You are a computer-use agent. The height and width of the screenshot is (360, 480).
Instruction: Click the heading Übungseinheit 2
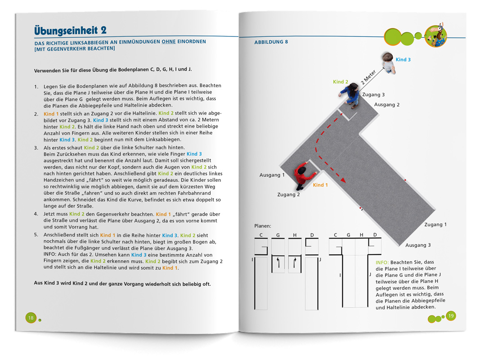tap(70, 30)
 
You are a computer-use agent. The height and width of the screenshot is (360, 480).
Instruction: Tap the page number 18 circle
tap(31, 318)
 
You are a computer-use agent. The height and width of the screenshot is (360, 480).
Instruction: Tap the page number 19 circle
tap(451, 316)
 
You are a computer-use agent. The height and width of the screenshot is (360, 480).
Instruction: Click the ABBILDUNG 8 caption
tap(271, 42)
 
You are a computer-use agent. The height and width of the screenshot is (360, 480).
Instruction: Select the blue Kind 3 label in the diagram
tap(403, 59)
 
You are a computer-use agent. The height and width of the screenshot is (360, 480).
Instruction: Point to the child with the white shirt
tap(388, 63)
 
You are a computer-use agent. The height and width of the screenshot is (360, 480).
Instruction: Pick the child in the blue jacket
tap(350, 94)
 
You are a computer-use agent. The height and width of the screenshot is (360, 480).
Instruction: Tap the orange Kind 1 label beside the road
tap(320, 185)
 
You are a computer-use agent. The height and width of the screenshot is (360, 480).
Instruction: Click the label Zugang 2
tap(289, 194)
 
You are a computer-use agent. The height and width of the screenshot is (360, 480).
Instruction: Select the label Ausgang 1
tap(272, 175)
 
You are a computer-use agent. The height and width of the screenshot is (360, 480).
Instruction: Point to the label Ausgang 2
tap(387, 105)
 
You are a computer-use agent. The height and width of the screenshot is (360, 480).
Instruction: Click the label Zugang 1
tap(435, 225)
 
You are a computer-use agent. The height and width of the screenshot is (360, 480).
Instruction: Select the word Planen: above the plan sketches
tap(263, 226)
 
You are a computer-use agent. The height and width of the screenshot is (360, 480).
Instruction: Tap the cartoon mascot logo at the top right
tap(436, 35)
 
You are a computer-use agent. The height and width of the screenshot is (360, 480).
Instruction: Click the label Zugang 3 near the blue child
tap(373, 95)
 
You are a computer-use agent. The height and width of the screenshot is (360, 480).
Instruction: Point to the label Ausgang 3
tap(418, 245)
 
